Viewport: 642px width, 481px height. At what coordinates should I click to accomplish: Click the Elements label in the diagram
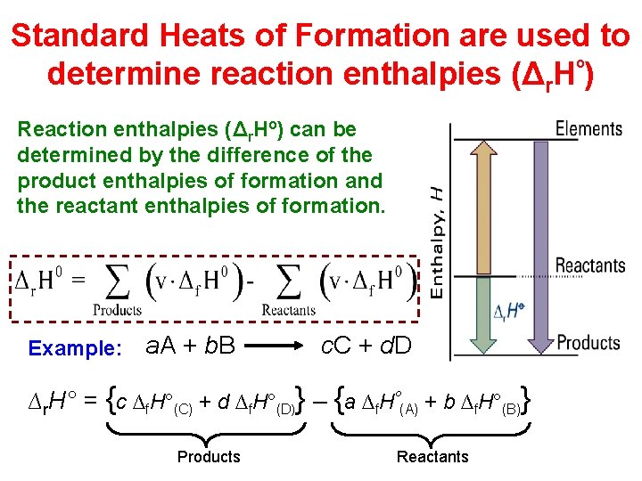tap(588, 129)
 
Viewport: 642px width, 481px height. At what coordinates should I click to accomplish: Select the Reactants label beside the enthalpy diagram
tap(589, 265)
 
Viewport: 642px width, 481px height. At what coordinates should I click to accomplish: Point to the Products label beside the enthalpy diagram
tap(588, 342)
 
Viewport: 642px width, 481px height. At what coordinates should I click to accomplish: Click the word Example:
tap(75, 348)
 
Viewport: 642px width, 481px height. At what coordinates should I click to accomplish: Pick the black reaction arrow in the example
tap(278, 344)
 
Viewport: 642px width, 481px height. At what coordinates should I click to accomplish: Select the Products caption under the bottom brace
tap(209, 457)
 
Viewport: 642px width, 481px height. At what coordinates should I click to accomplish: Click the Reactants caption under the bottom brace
tap(432, 457)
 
